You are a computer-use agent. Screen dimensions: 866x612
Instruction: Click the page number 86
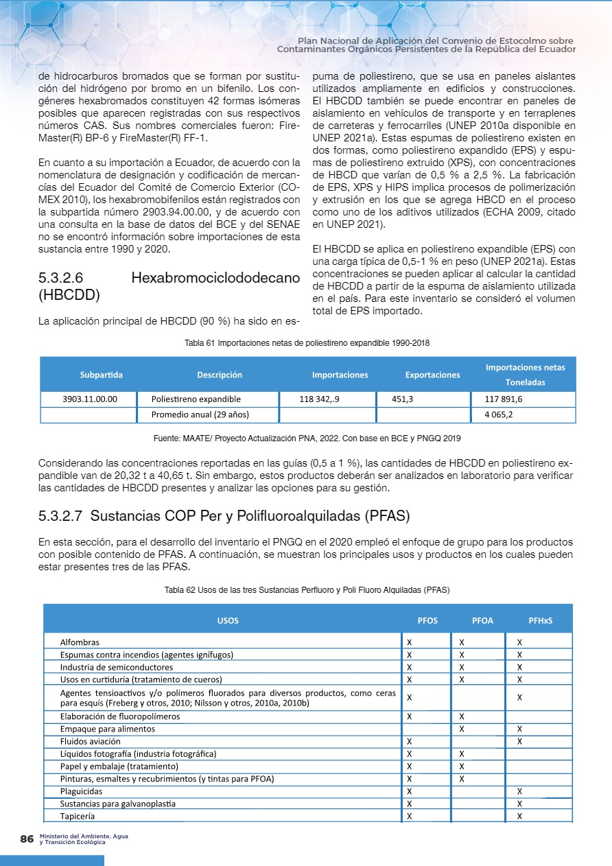tap(27, 839)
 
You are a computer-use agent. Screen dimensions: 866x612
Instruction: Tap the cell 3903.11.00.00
tap(89, 399)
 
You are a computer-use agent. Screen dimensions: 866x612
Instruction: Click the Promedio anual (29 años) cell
tap(200, 414)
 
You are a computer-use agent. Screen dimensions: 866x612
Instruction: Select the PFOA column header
tap(482, 620)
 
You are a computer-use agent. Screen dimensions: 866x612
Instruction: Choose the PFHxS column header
tap(540, 620)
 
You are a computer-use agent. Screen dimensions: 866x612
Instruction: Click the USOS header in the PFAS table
tap(228, 620)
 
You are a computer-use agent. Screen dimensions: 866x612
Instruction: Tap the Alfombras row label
tap(80, 642)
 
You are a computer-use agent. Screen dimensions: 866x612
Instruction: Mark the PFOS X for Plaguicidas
tap(410, 791)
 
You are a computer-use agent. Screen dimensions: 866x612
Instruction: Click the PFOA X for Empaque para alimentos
tap(462, 729)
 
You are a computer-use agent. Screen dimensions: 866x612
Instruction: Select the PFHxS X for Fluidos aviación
tap(519, 741)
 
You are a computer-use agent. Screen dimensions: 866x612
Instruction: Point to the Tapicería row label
tap(78, 817)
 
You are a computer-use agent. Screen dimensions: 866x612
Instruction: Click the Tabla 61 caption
tap(307, 342)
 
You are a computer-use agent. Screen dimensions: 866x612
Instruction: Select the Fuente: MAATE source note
tap(308, 437)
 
